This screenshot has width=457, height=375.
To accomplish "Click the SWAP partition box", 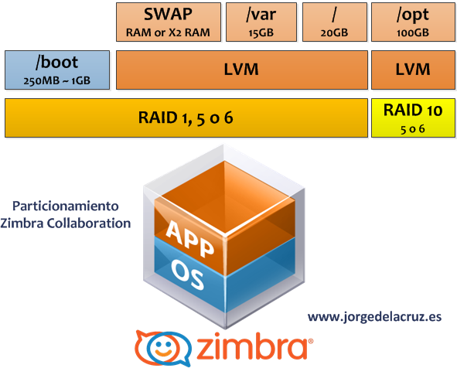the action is [169, 22].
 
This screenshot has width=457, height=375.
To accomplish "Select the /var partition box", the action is [261, 22].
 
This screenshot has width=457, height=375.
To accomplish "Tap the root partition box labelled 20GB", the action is [335, 22].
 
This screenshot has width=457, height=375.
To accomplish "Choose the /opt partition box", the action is [413, 22].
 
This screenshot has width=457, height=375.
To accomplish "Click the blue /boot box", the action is [57, 70].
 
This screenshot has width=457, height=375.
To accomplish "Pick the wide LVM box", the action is [242, 70].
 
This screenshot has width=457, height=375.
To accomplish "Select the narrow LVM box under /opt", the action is [413, 70].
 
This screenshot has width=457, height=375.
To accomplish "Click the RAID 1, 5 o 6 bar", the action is [186, 118].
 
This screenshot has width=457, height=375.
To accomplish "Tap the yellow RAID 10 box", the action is [413, 118].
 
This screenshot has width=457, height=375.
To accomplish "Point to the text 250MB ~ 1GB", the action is [57, 80].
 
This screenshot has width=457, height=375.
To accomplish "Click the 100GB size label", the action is [413, 32].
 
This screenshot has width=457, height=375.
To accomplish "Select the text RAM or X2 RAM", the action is [168, 32].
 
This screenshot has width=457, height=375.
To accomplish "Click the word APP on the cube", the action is [190, 239].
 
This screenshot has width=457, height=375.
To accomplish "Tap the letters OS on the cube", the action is [187, 275].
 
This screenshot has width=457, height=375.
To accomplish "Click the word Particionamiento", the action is [66, 206].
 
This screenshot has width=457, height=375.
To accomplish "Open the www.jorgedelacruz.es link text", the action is [375, 317].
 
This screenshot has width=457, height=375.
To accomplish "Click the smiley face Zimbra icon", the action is [163, 348].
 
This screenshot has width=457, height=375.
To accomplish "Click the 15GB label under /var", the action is [261, 32].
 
